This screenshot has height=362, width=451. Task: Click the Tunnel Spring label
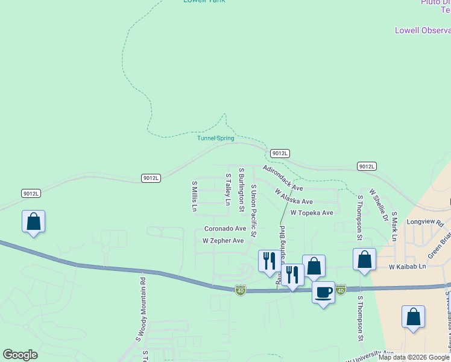[215, 138]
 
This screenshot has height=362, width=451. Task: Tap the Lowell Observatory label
[422, 30]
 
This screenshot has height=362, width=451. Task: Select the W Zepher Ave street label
[223, 241]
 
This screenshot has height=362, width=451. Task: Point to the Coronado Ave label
[225, 229]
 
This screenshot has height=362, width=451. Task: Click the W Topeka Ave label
[312, 213]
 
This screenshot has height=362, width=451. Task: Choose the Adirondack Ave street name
[283, 178]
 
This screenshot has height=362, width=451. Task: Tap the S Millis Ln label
[194, 196]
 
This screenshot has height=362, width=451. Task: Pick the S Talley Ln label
[228, 189]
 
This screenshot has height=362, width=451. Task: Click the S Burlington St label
[241, 189]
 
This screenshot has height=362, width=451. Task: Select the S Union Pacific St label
[254, 211]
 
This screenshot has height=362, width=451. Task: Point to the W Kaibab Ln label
[407, 266]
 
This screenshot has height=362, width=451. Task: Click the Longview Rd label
[425, 221]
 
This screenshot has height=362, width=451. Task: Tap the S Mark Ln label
[394, 226]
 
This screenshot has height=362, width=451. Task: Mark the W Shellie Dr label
[379, 205]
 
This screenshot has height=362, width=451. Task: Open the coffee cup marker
[323, 293]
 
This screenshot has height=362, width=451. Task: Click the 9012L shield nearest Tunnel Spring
[280, 153]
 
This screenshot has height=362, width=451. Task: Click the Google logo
[20, 355]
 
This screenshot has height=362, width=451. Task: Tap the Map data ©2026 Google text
[414, 357]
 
